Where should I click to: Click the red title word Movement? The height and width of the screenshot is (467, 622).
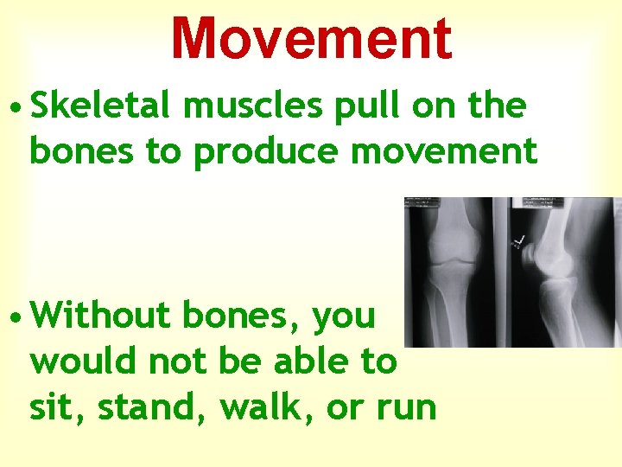pyautogui.click(x=311, y=39)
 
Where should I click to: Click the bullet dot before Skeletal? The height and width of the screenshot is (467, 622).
pyautogui.click(x=16, y=108)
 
